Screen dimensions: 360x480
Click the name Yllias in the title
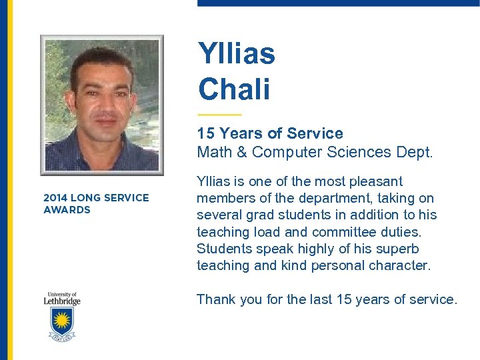pyautogui.click(x=236, y=54)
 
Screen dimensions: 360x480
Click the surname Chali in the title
pyautogui.click(x=233, y=90)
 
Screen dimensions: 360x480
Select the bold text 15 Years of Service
pyautogui.click(x=269, y=133)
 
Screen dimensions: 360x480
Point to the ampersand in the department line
pyautogui.click(x=241, y=152)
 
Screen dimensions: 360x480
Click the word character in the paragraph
pyautogui.click(x=401, y=265)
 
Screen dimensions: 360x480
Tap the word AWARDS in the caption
pyautogui.click(x=67, y=210)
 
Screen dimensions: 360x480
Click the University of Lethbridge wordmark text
pyautogui.click(x=63, y=298)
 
